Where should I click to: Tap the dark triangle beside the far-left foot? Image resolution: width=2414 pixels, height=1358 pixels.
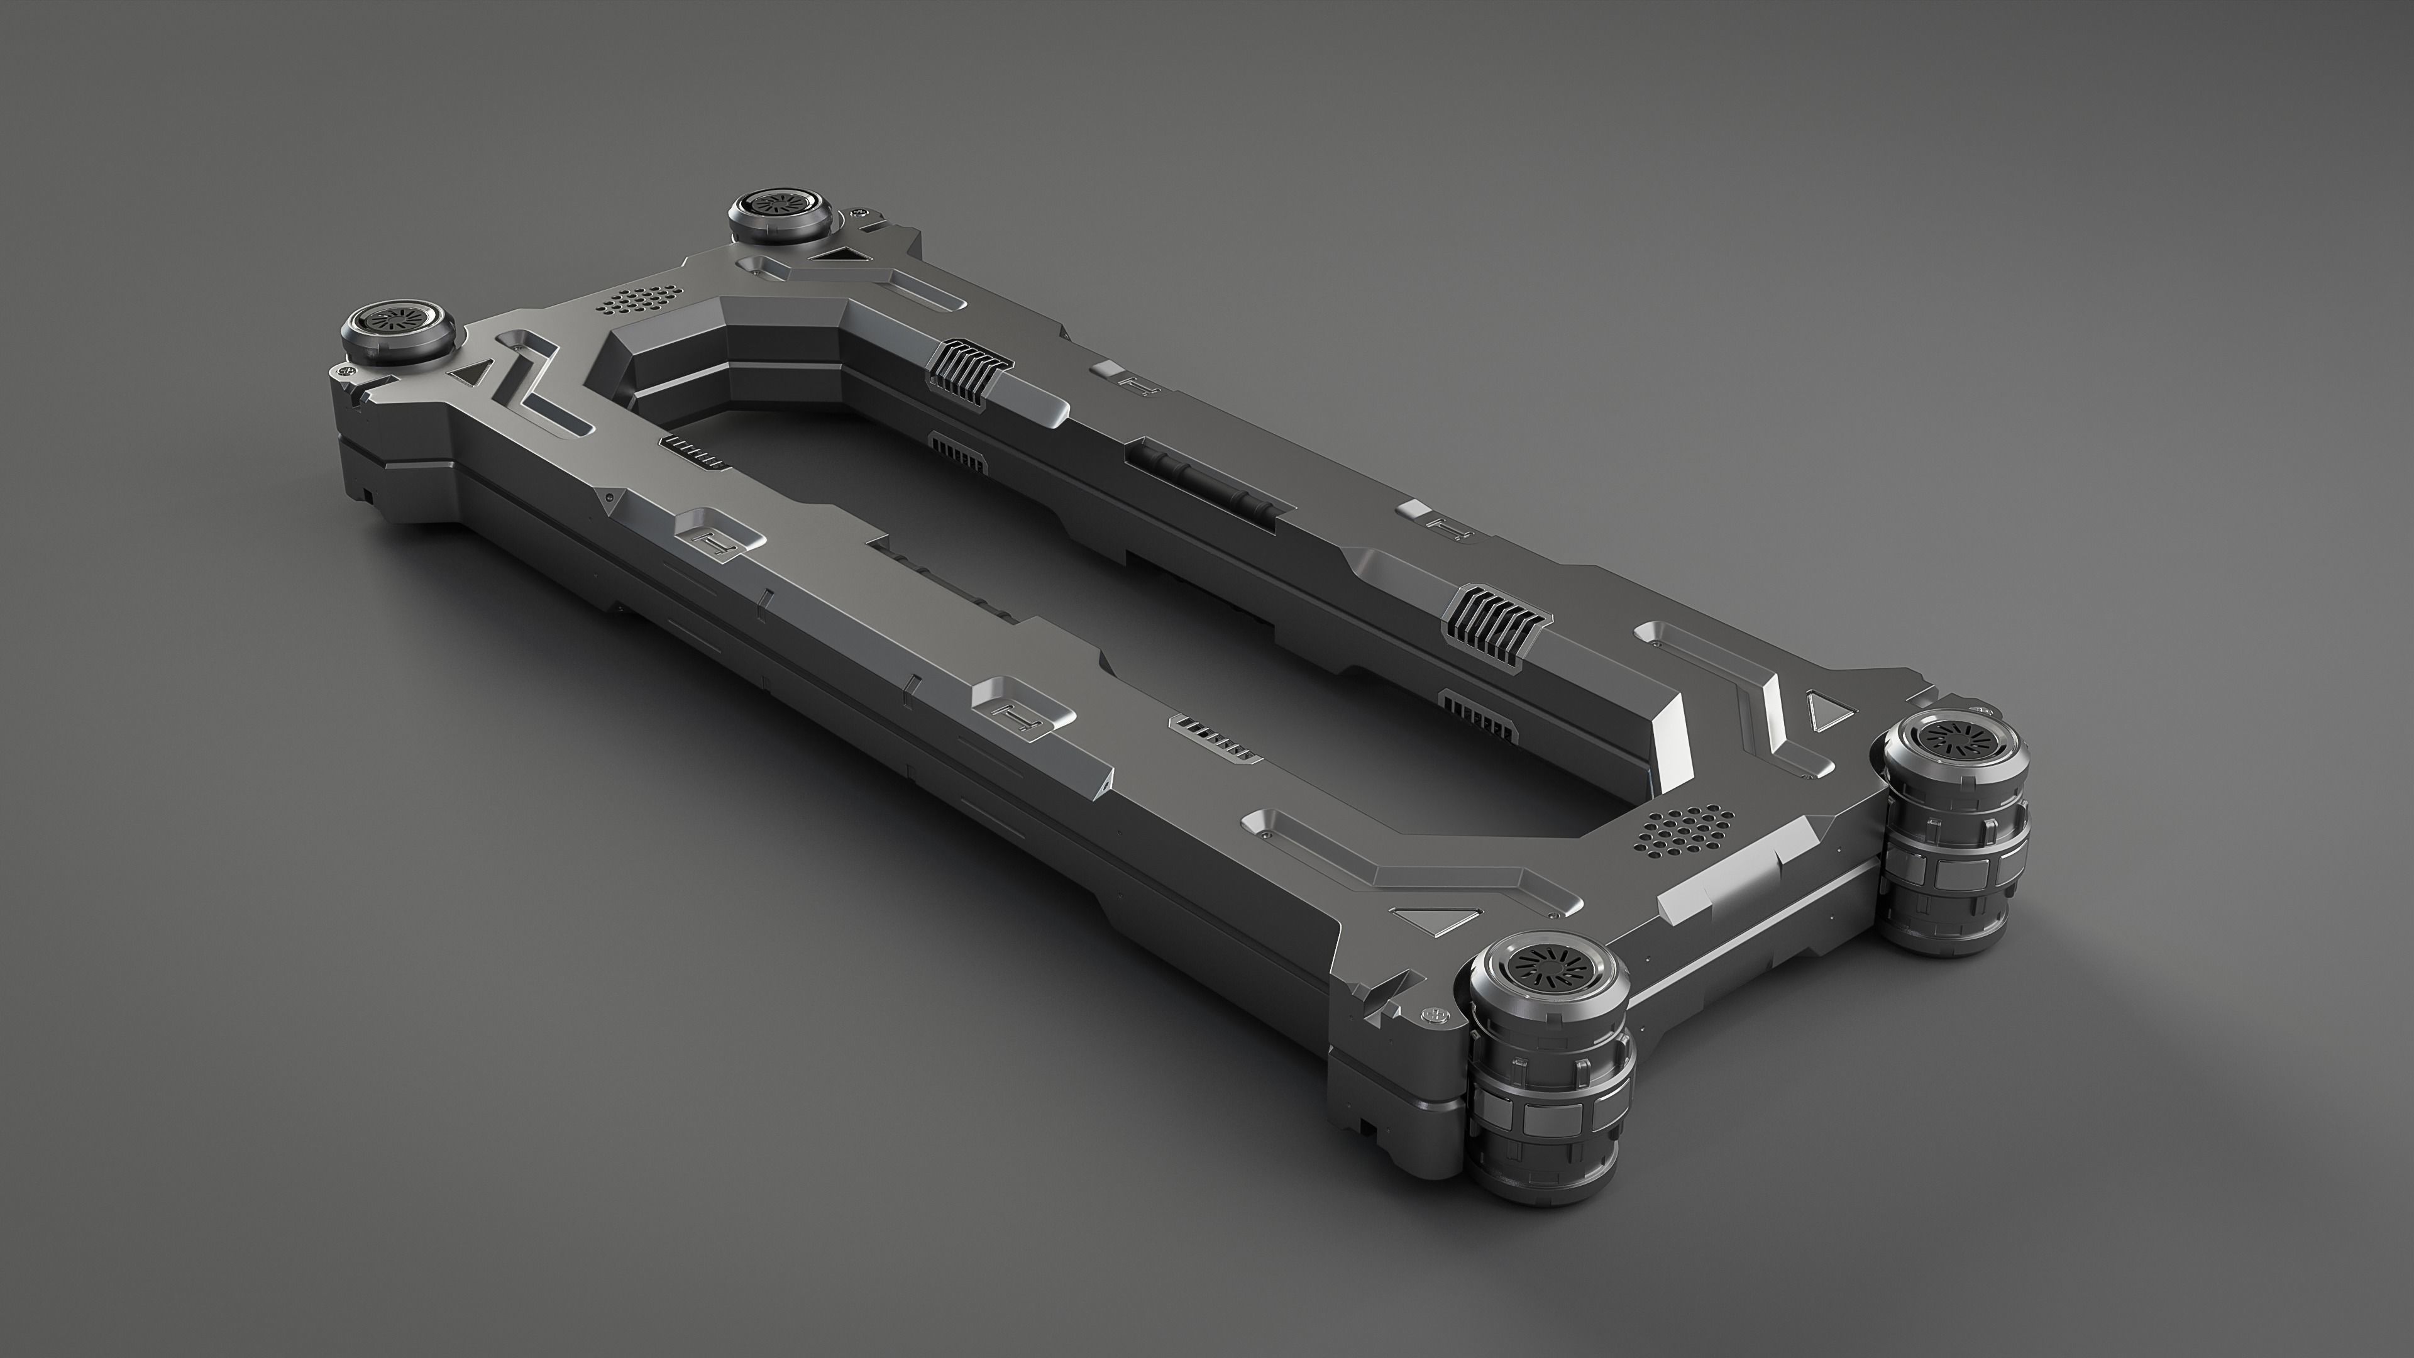(468, 372)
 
